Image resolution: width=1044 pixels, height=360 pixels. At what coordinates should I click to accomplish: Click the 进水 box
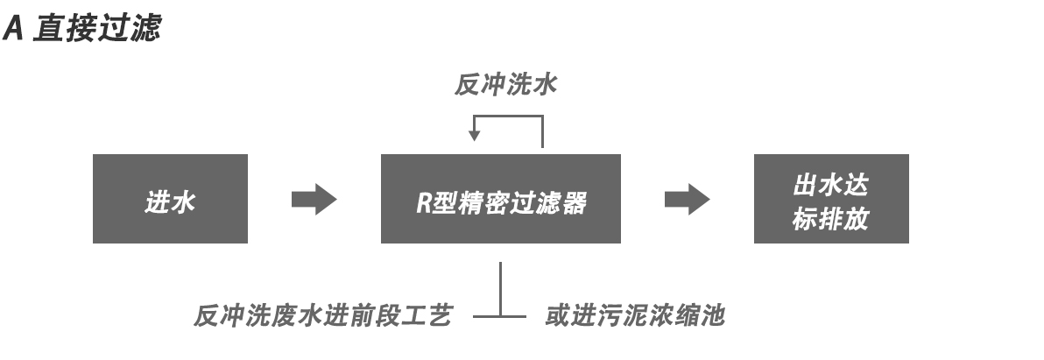[170, 199]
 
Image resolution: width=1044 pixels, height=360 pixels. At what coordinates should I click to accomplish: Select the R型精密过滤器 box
[500, 199]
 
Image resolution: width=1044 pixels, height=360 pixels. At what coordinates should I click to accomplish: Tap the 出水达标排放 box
[830, 199]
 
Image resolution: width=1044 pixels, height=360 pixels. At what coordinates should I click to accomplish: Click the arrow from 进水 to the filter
[314, 199]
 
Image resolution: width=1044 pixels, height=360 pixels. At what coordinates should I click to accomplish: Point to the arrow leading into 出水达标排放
[687, 199]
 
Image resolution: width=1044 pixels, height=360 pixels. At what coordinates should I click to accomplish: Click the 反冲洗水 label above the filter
[505, 86]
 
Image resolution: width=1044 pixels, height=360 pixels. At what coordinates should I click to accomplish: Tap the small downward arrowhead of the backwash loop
[474, 135]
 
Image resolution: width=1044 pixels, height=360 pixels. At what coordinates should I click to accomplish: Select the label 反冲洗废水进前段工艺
[322, 316]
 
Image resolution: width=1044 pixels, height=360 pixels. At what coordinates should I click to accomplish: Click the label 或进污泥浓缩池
[635, 316]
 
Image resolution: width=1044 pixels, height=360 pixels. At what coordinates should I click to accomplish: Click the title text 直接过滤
[96, 29]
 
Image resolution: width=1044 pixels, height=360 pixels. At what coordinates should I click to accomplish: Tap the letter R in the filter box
[421, 204]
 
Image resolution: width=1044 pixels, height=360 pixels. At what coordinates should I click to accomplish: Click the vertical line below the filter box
[500, 285]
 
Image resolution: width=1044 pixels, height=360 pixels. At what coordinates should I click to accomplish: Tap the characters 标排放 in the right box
[830, 218]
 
